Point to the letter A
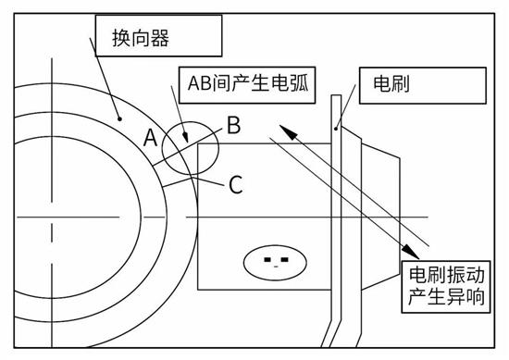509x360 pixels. coord(150,137)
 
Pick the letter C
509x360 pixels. coord(235,184)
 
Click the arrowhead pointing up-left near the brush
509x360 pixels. coord(288,133)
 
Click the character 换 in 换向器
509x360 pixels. coord(134,37)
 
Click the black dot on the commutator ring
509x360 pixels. coord(120,118)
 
